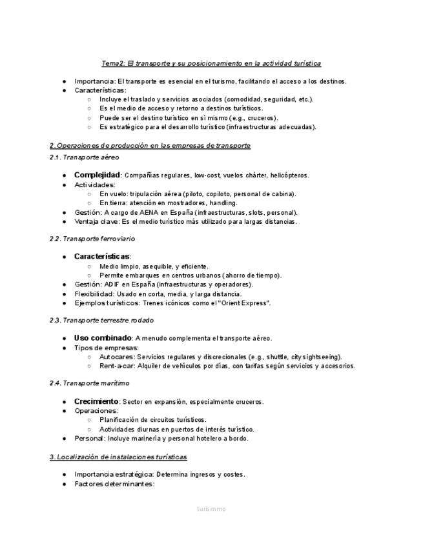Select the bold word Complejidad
(x=97, y=175)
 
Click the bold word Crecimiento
(x=96, y=401)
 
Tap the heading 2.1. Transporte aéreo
(x=84, y=157)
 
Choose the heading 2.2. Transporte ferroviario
(x=92, y=239)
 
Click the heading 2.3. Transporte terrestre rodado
(x=101, y=320)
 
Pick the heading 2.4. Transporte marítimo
(x=89, y=383)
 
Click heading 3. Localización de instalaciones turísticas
(x=118, y=457)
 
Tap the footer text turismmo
(x=212, y=509)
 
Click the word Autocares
(x=116, y=357)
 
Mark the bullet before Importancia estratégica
(x=65, y=475)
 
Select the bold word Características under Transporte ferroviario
(x=101, y=256)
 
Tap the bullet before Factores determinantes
(x=65, y=484)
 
